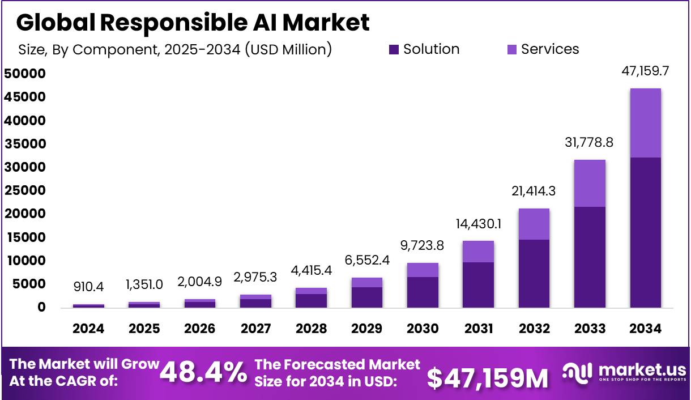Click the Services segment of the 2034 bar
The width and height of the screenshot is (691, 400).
tap(645, 123)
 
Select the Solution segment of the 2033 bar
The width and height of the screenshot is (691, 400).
tap(590, 257)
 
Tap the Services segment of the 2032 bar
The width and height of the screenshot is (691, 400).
tap(534, 224)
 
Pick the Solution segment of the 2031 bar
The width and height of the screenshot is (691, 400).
tap(478, 285)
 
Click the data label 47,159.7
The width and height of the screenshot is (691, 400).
tap(645, 71)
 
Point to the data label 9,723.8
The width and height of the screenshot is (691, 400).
tap(423, 246)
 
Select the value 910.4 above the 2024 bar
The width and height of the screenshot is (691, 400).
tap(89, 287)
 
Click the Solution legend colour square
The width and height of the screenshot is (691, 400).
tap(394, 50)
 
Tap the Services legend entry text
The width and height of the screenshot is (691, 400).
tap(550, 49)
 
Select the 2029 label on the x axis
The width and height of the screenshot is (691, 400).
tap(366, 329)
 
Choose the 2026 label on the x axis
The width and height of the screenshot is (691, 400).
tap(200, 329)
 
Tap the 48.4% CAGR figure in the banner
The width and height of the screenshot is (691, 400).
tap(203, 372)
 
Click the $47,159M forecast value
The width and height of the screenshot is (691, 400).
tap(488, 377)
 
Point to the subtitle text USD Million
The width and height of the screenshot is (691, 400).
tap(288, 49)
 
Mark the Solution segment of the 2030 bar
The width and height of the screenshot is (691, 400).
tap(423, 292)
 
